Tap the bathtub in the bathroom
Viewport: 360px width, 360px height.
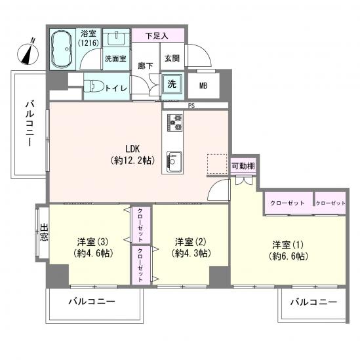[61, 49]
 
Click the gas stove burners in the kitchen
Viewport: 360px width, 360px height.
[175, 123]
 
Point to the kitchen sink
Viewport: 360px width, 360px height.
[174, 161]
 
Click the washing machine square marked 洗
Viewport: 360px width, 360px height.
[172, 84]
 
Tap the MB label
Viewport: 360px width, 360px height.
[203, 86]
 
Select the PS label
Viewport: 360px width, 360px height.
[191, 106]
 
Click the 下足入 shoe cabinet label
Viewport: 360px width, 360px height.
[157, 36]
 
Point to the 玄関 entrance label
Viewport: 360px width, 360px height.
[172, 58]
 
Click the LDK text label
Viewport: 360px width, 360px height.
[132, 149]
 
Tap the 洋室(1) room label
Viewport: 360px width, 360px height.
[288, 245]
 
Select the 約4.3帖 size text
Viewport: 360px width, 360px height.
[191, 253]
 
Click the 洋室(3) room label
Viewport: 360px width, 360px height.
[92, 242]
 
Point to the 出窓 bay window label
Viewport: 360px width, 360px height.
[44, 232]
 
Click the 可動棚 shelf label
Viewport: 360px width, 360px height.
[243, 166]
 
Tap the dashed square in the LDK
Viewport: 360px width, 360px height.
[217, 164]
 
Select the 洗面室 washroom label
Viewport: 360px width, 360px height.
[115, 59]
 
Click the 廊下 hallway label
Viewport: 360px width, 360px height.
[146, 66]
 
